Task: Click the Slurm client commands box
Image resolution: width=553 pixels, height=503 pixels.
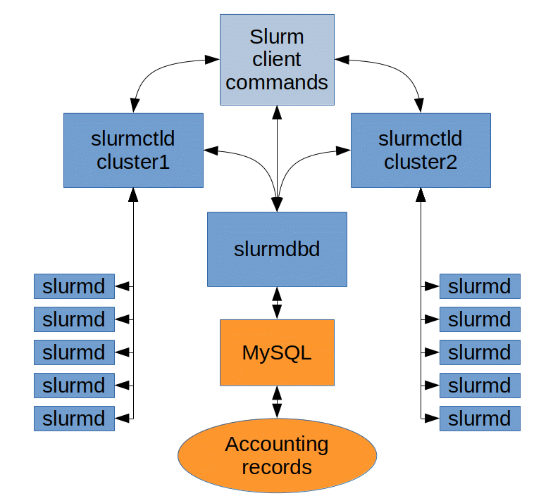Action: point(277,60)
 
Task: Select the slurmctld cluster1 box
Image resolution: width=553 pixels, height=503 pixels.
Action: point(133,150)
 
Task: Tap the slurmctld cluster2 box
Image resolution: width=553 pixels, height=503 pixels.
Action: point(421,150)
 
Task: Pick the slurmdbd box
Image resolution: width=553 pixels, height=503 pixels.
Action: point(277,249)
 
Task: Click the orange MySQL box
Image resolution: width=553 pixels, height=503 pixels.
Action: point(277,352)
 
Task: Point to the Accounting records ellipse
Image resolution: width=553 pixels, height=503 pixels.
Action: point(277,455)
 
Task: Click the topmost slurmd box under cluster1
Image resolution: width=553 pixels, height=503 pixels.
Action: point(74,286)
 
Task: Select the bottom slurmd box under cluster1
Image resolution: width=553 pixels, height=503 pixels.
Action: point(74,419)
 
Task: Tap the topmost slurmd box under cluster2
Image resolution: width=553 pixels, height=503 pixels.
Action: point(480,286)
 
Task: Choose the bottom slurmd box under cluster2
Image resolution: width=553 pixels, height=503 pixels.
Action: point(480,419)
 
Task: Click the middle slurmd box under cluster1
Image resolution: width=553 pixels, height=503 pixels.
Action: point(74,352)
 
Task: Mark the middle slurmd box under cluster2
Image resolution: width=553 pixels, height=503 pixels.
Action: point(480,352)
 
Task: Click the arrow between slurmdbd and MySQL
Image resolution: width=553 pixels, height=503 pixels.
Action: point(277,303)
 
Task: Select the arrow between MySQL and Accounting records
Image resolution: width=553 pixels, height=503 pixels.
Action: point(277,402)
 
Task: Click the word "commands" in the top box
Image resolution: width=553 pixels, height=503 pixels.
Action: point(277,82)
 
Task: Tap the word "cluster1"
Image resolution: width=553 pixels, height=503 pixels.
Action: point(133,163)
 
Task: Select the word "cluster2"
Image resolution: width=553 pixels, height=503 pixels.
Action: point(421,163)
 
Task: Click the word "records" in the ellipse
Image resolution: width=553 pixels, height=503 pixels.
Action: point(277,466)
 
